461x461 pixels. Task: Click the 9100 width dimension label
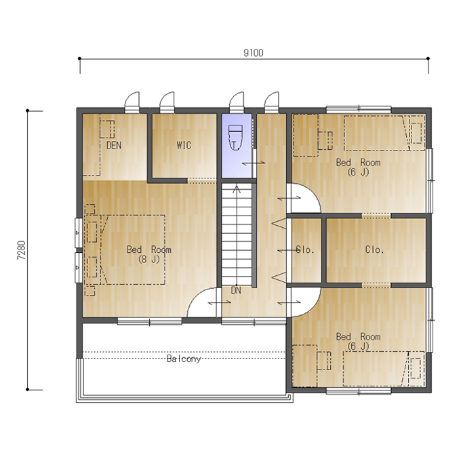254,53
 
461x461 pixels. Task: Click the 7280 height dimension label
22,250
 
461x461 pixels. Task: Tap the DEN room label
114,145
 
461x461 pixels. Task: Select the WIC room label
184,145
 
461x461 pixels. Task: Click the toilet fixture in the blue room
235,138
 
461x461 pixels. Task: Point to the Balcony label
184,359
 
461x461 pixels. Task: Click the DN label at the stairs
236,290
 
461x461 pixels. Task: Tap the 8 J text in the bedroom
148,259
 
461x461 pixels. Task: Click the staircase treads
237,235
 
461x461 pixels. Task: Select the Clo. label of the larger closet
374,250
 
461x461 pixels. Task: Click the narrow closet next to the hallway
306,250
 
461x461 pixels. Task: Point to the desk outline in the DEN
107,129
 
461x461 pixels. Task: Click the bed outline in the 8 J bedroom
133,249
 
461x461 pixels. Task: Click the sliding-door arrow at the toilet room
254,163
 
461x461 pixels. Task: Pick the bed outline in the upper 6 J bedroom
384,133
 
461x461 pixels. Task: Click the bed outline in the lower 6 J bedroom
384,369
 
